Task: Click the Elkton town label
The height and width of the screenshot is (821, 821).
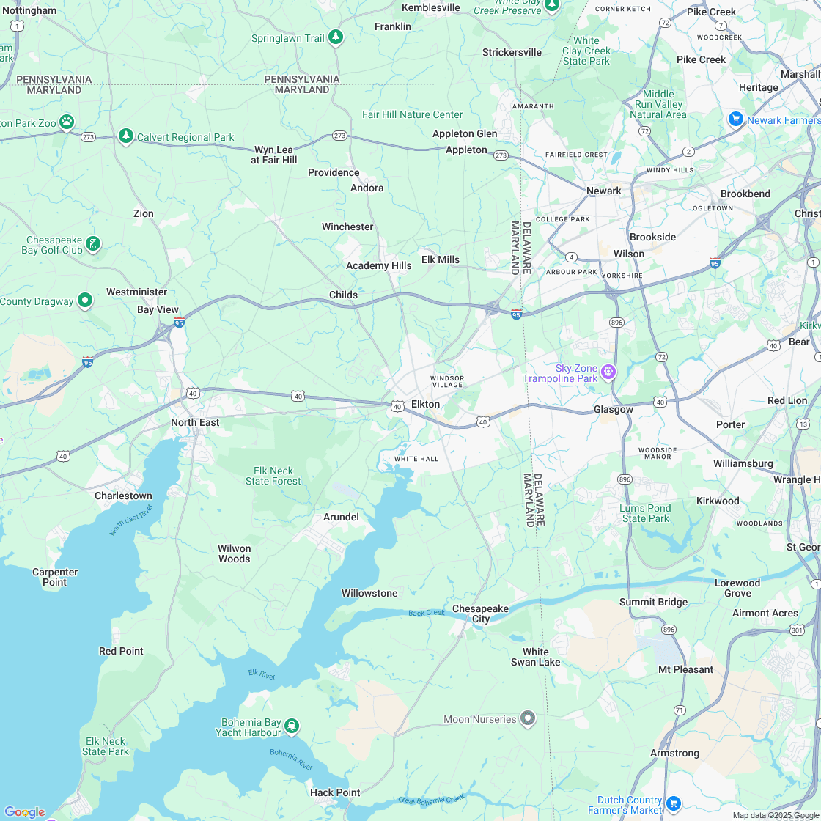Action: point(425,404)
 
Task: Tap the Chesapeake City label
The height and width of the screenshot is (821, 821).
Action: point(480,614)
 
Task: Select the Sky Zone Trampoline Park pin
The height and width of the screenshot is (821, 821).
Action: point(608,372)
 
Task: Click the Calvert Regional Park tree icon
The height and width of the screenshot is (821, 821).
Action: point(126,136)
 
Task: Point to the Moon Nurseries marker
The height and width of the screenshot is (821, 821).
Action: point(527,718)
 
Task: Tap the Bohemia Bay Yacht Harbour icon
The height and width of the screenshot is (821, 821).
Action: point(292,726)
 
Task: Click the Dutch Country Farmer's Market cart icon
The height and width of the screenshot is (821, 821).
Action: point(674,803)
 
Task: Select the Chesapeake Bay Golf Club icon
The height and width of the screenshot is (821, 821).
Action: point(93,243)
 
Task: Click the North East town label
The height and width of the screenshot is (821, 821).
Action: point(195,422)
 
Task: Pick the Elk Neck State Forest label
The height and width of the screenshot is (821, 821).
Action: point(273,476)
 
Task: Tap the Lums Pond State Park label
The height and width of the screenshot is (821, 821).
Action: point(646,513)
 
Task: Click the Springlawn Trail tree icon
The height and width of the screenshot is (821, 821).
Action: point(336,37)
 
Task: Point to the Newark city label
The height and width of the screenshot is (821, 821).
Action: point(604,191)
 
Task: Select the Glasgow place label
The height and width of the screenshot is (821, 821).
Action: point(613,409)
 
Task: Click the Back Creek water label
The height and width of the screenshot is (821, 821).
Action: point(427,613)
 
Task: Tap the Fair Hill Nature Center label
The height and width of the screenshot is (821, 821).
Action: point(413,114)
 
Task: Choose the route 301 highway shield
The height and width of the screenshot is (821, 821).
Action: point(797,629)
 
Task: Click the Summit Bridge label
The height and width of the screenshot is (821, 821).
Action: point(654,602)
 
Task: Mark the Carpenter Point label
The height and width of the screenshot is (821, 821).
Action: point(55,577)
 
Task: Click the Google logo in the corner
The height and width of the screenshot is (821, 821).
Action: point(24,811)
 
